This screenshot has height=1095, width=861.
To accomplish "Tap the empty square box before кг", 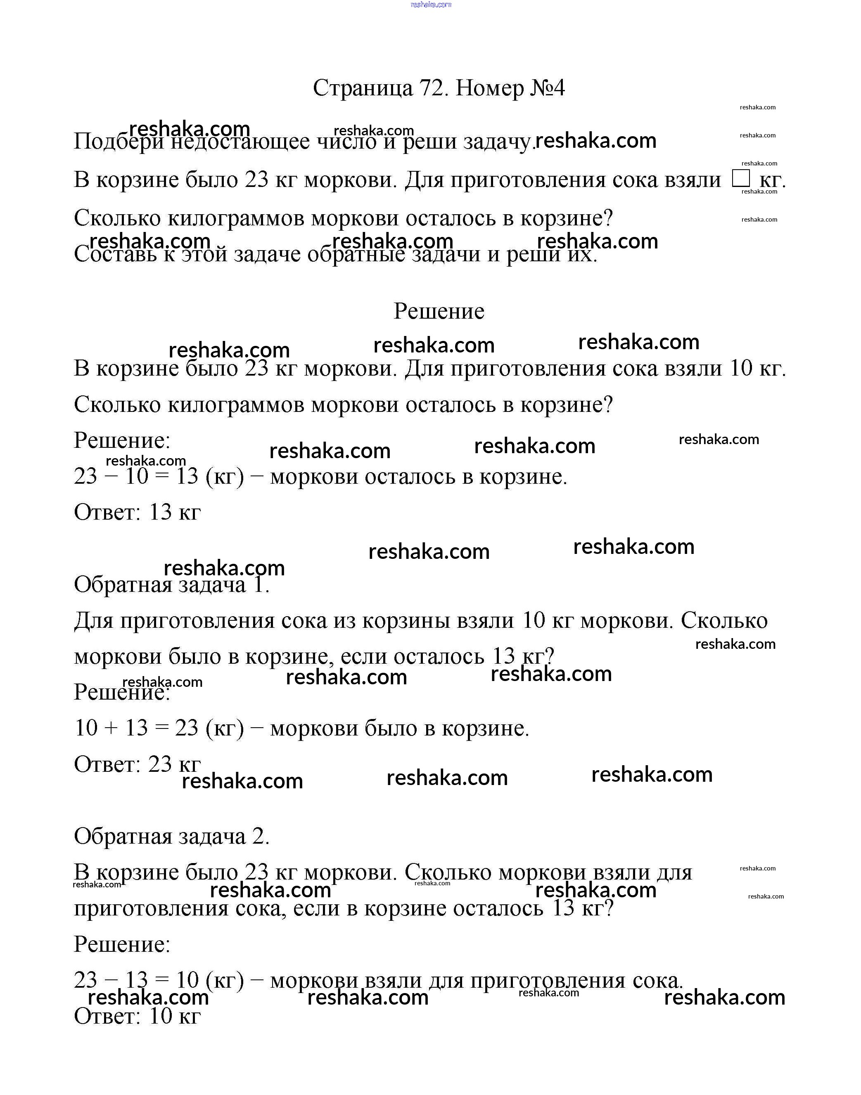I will pos(741,178).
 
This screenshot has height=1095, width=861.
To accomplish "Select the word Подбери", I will pos(119,142).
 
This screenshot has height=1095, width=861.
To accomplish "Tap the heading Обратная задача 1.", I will pos(171,584).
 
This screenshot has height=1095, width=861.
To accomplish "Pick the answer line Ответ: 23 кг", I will pos(137,764).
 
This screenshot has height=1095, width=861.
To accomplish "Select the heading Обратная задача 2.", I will pos(171,837).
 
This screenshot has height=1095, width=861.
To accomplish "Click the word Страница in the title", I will pos(363,89).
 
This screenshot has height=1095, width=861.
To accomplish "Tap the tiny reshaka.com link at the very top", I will pos(431,5).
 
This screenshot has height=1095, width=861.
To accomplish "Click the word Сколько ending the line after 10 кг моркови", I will pos(724,621).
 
